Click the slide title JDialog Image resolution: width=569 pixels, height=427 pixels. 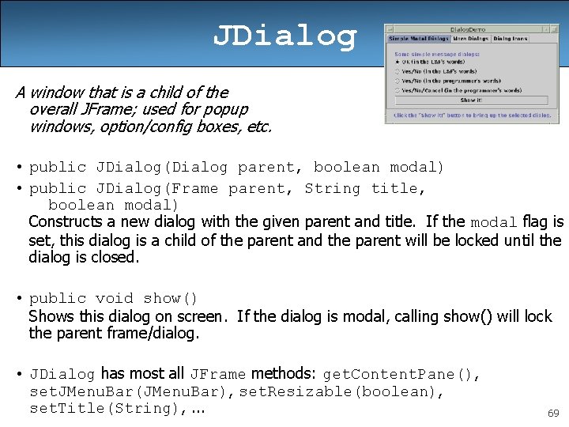pos(284,36)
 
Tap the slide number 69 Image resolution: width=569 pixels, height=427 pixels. pos(553,414)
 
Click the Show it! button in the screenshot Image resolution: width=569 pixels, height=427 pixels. pos(471,100)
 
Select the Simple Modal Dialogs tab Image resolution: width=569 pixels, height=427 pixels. pos(419,38)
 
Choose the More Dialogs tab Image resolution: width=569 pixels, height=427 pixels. pos(471,38)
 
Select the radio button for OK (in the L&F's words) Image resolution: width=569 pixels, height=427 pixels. pos(398,62)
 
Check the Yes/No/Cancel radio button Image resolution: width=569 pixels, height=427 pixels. pos(398,89)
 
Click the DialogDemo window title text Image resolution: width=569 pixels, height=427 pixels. pos(467,28)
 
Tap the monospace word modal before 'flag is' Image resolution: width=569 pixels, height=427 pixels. pos(494,223)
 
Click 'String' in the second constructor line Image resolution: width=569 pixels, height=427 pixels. pos(332,188)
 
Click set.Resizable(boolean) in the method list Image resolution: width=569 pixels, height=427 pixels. pos(341,391)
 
